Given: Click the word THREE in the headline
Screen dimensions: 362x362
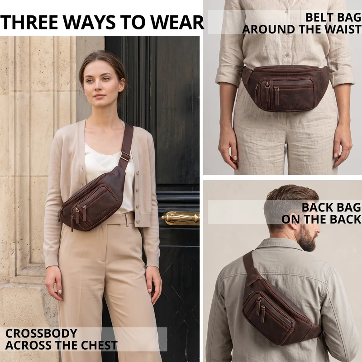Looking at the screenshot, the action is point(29,22).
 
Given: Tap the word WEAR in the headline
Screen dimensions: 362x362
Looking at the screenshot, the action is point(177,22).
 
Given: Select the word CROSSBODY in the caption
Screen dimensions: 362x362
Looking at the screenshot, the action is point(41,333).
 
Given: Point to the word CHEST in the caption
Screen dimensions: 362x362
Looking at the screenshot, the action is point(99,345).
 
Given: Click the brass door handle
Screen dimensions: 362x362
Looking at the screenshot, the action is point(180,218).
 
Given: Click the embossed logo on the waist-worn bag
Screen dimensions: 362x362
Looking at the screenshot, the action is point(290,105).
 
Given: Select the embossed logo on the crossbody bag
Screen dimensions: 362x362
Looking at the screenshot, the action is point(101,213).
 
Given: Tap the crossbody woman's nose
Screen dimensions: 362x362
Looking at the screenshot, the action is point(97,87).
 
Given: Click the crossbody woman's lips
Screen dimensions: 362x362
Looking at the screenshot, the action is point(99,95).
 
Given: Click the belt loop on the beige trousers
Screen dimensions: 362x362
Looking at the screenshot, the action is point(126,220).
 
